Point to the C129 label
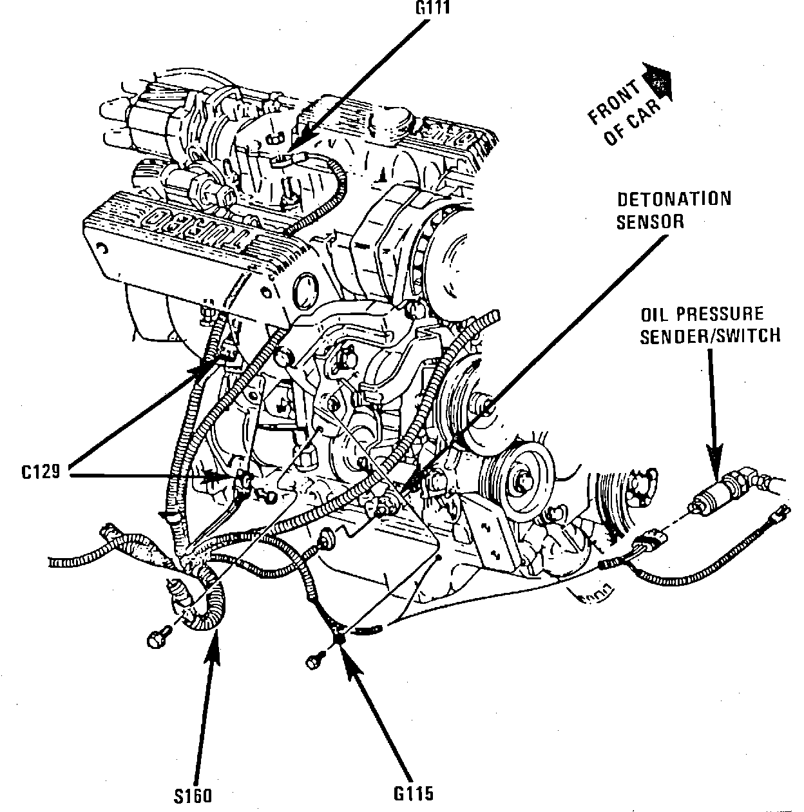(x=41, y=472)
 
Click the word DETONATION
(x=675, y=199)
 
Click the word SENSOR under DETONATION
(x=650, y=222)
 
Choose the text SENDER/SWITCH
(x=710, y=336)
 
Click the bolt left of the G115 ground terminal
(x=314, y=661)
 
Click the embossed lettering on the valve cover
(x=193, y=229)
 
